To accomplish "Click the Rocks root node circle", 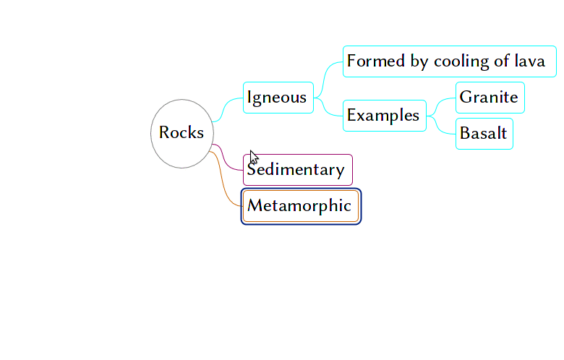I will click(x=181, y=133).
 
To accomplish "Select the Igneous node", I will click(x=278, y=98).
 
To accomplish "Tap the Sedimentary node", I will click(x=297, y=170).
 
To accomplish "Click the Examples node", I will click(x=383, y=116).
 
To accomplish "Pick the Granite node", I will click(x=490, y=98).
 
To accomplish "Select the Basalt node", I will click(x=484, y=134).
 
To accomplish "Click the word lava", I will click(x=529, y=61).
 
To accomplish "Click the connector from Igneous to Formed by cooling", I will click(x=328, y=76).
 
